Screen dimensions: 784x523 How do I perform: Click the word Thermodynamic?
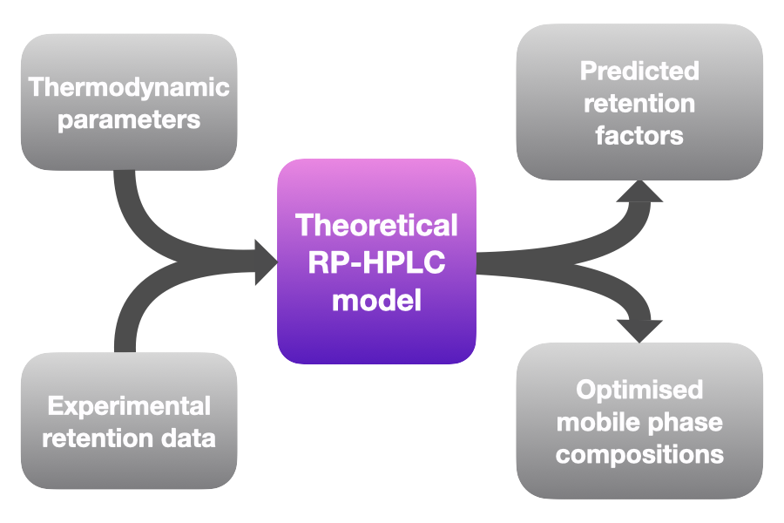tap(129, 88)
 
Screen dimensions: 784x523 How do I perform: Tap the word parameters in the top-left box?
tap(129, 120)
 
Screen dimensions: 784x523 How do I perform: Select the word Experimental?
tap(129, 406)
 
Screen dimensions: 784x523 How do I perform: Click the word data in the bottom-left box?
tap(188, 438)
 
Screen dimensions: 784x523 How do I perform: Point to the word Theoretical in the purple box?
tap(376, 225)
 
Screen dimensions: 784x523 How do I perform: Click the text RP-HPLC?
tap(376, 261)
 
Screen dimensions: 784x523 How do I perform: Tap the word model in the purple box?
tap(376, 300)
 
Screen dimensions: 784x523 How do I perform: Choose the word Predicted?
tap(639, 71)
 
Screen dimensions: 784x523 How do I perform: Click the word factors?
tap(639, 136)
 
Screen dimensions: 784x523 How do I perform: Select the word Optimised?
tap(639, 390)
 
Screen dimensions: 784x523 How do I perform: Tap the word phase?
tap(682, 424)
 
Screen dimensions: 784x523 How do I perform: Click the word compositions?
tap(639, 455)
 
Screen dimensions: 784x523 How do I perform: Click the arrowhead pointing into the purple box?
tap(266, 261)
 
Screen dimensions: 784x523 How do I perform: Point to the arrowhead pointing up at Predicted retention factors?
tap(639, 191)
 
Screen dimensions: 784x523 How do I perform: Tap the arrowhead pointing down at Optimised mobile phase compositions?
tap(639, 331)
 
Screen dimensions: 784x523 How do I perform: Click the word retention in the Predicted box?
tap(639, 104)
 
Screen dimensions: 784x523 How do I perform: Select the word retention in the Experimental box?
tap(98, 438)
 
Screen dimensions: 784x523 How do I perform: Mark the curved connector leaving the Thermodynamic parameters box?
tap(150, 231)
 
